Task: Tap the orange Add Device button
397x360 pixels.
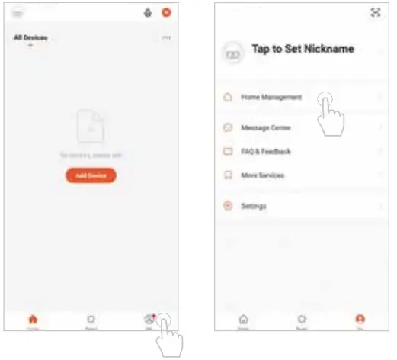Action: point(91,175)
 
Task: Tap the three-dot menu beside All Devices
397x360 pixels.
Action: point(166,37)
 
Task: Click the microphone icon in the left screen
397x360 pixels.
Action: point(147,13)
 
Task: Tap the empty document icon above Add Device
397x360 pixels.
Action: point(91,127)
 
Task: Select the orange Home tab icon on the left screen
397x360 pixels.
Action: point(33,319)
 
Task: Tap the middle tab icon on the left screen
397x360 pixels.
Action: point(91,319)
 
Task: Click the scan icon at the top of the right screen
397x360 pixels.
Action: point(374,13)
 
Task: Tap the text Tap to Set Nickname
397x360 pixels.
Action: point(303,50)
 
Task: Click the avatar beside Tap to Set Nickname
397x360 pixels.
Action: point(232,52)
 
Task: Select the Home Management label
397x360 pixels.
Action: point(271,98)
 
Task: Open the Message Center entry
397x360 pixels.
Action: point(265,127)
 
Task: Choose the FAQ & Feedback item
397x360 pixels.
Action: point(265,152)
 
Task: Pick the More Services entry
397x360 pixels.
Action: point(262,175)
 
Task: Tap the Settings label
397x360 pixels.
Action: point(254,206)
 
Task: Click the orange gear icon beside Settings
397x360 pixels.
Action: point(227,206)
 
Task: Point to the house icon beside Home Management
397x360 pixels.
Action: point(227,98)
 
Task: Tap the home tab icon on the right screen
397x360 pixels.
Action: point(243,319)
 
